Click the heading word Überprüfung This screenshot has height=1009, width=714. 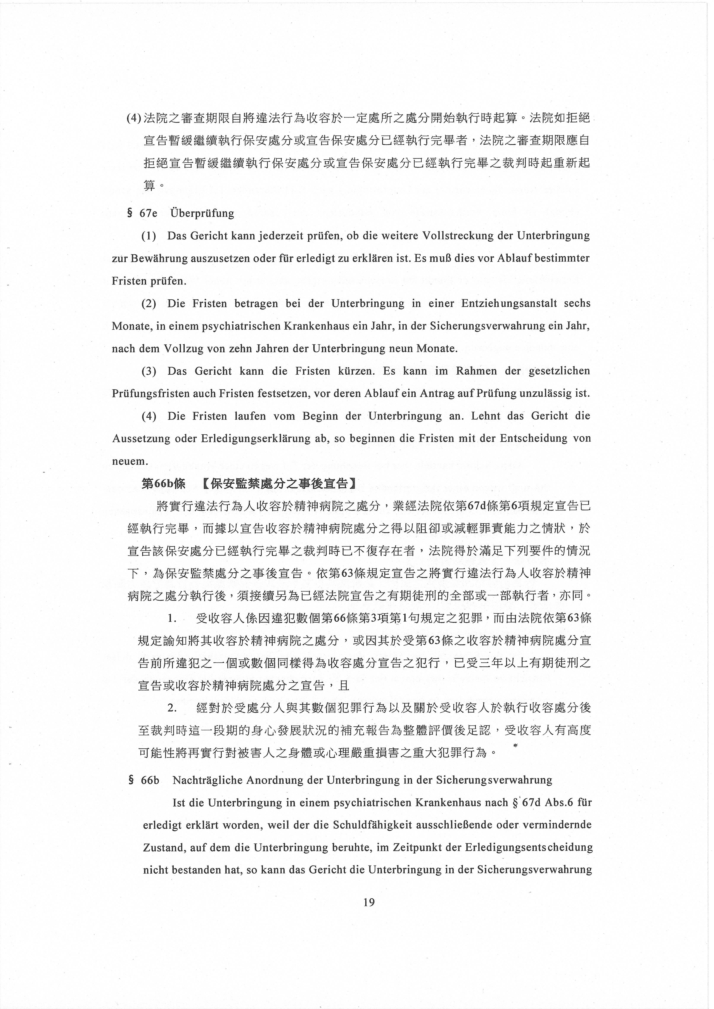pos(202,214)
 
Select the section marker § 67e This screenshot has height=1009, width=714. pos(142,214)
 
